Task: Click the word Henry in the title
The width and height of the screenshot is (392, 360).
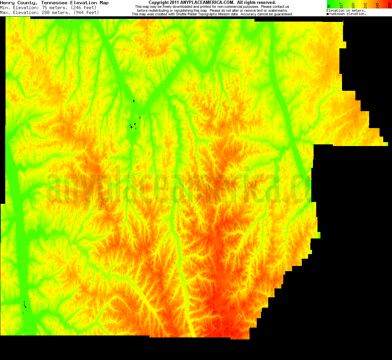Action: pyautogui.click(x=7, y=3)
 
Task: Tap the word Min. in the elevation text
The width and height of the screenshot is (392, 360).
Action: pyautogui.click(x=5, y=8)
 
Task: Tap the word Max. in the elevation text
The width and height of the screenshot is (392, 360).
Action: pyautogui.click(x=5, y=12)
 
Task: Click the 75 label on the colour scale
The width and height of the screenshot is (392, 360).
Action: pyautogui.click(x=329, y=6)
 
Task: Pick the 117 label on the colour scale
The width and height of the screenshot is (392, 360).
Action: pyautogui.click(x=341, y=5)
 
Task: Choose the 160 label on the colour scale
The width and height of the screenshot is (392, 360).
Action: pyautogui.click(x=353, y=5)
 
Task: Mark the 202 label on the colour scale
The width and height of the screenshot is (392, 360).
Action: pyautogui.click(x=365, y=5)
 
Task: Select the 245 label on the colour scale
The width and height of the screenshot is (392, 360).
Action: pyautogui.click(x=377, y=5)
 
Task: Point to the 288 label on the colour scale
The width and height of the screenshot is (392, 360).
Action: pyautogui.click(x=389, y=5)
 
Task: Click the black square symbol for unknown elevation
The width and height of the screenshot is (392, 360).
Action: pyautogui.click(x=328, y=14)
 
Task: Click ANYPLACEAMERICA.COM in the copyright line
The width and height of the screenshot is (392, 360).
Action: pyautogui.click(x=207, y=3)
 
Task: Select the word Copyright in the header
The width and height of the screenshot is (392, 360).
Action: pyautogui.click(x=159, y=3)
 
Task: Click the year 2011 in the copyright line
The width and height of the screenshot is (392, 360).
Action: pyautogui.click(x=174, y=3)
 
